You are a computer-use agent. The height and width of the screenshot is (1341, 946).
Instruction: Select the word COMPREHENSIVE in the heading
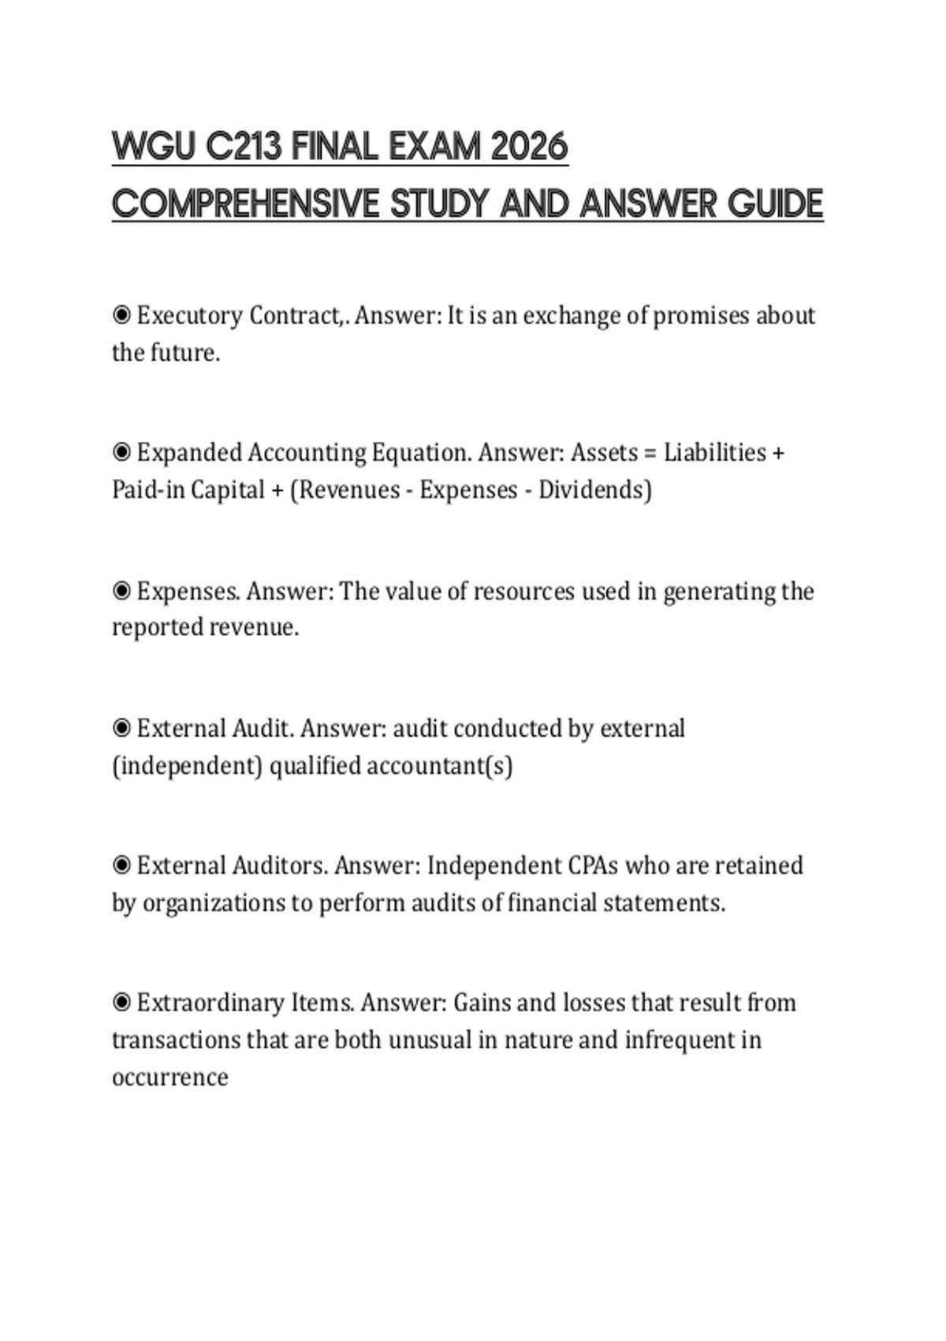245,204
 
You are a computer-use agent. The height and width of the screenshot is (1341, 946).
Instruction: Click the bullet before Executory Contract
121,316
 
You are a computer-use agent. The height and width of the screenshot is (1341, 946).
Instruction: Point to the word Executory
189,316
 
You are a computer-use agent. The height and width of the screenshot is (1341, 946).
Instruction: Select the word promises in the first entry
701,316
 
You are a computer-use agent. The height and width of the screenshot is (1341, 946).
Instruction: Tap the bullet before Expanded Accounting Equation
121,453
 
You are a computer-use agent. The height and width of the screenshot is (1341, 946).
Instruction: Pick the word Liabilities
714,453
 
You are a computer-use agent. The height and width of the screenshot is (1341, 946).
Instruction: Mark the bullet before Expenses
121,591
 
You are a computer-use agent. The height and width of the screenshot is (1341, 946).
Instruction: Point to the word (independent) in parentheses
187,766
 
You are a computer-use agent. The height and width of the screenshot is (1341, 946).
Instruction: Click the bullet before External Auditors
121,865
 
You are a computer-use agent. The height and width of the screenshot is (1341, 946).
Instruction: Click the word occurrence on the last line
169,1078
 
